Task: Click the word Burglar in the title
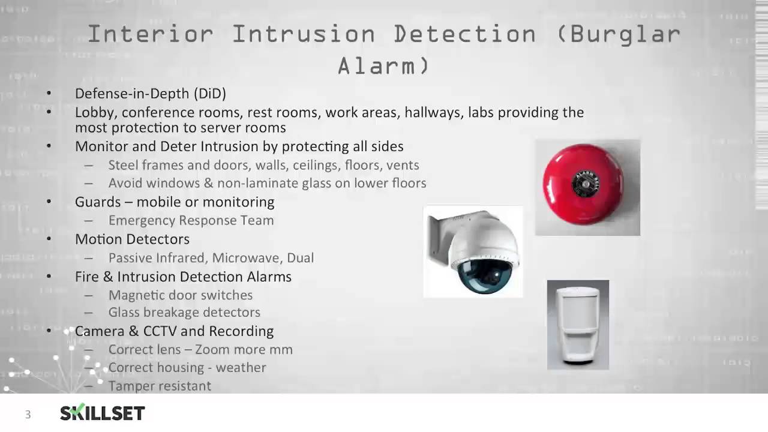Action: pyautogui.click(x=625, y=34)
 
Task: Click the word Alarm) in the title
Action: pyautogui.click(x=383, y=65)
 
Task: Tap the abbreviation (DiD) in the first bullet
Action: pyautogui.click(x=209, y=94)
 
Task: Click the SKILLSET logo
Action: pyautogui.click(x=103, y=413)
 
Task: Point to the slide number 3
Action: pyautogui.click(x=28, y=415)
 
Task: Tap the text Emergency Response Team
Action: pyautogui.click(x=191, y=221)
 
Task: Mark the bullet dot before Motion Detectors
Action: pyautogui.click(x=49, y=239)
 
